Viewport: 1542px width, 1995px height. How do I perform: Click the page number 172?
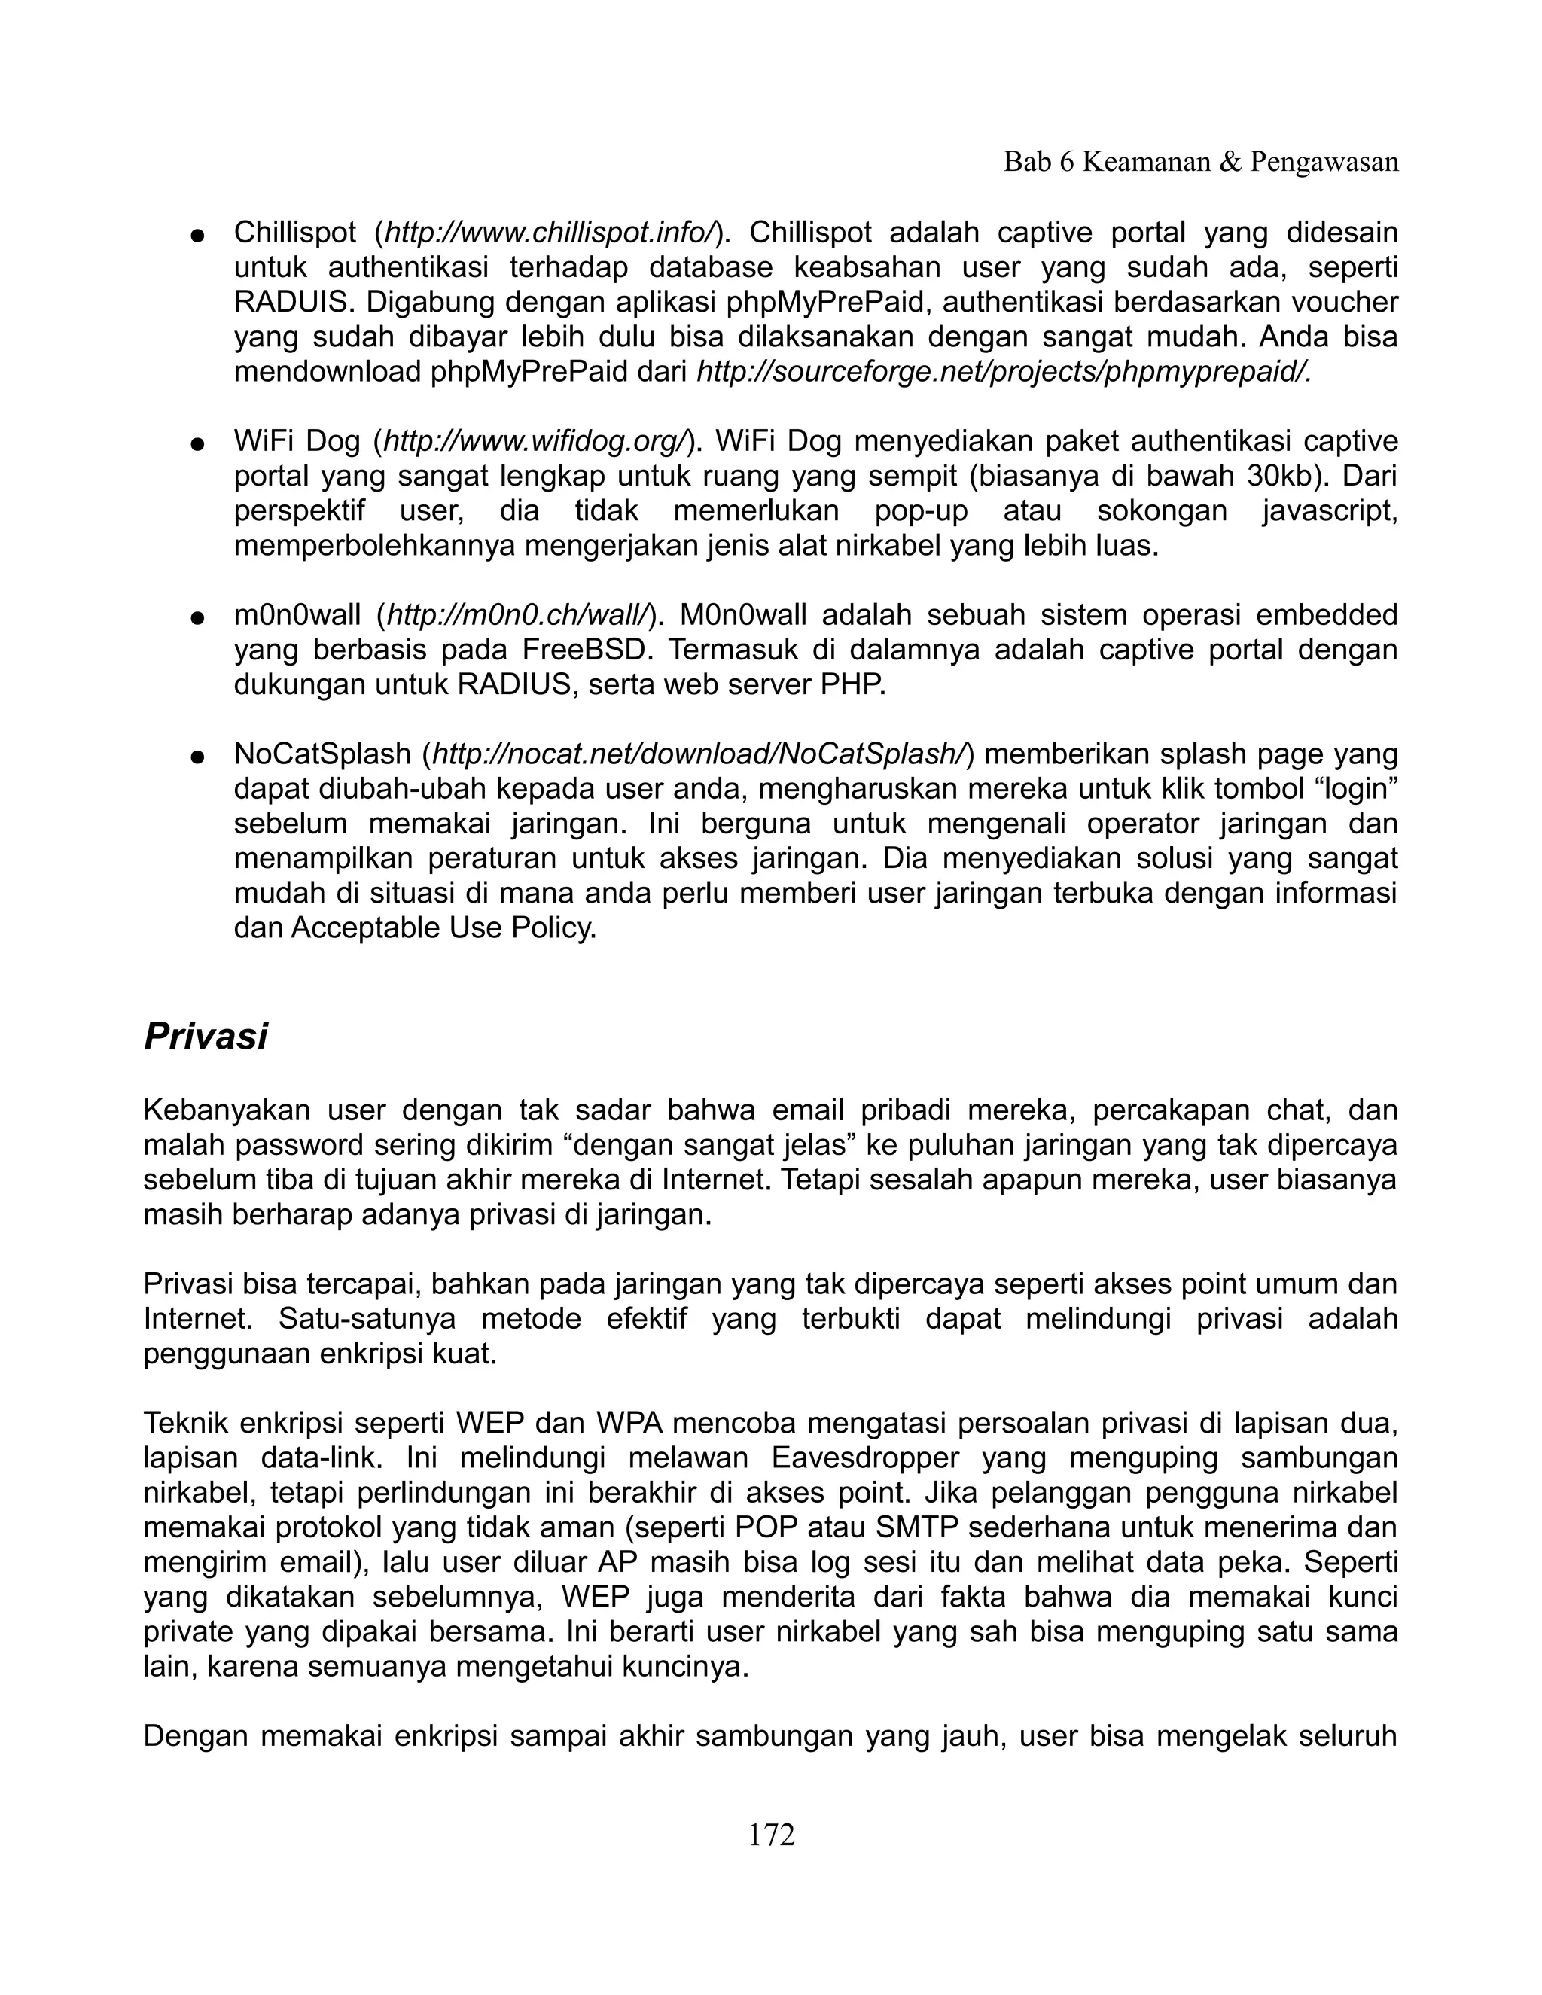tap(771, 1834)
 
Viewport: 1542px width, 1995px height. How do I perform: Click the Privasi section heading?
tap(206, 1037)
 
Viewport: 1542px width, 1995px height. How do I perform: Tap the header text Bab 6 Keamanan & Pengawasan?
tap(1200, 162)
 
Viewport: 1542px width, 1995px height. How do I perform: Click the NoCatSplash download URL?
tap(699, 754)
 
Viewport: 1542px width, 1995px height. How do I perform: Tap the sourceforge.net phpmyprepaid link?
tap(1003, 372)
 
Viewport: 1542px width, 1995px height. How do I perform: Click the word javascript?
tap(1329, 510)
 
